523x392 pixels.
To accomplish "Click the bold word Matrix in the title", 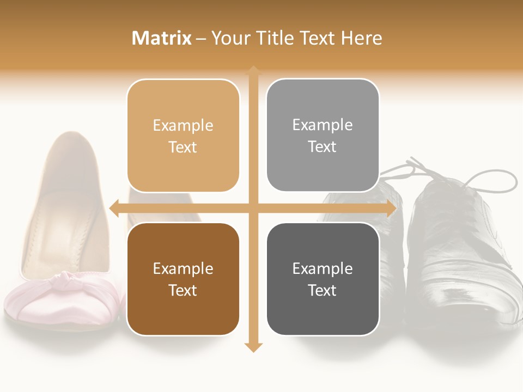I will (x=162, y=38).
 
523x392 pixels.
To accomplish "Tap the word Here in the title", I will (x=361, y=38).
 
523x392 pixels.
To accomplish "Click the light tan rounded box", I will (x=183, y=136).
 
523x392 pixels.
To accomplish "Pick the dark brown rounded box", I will (x=183, y=279).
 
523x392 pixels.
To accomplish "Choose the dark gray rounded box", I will (x=323, y=279).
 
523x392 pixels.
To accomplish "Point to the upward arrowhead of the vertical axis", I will (x=253, y=71).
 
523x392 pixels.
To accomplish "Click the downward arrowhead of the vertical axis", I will (x=253, y=347).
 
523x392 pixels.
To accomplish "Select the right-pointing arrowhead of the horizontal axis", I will (x=391, y=209).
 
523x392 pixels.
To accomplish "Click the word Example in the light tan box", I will (x=183, y=125).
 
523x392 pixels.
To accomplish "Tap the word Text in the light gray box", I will (x=323, y=146).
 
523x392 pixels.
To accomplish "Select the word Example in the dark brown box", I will (x=183, y=268).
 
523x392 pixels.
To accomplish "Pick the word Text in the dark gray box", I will (x=323, y=290).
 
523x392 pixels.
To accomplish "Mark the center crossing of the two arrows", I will (x=253, y=209).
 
